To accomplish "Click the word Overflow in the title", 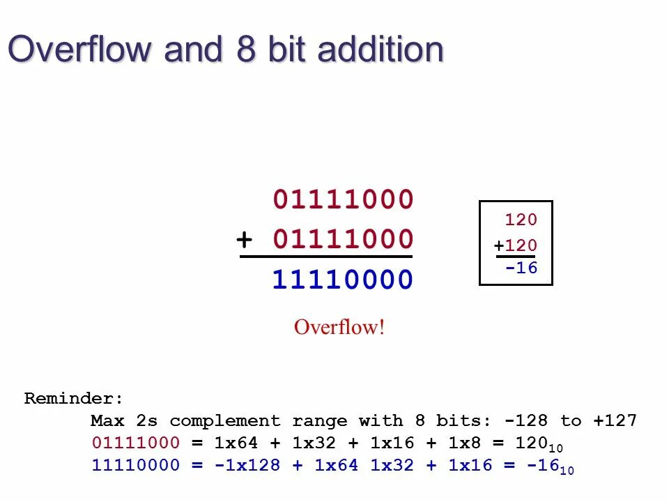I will coord(79,50).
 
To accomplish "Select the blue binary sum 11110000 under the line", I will coord(343,280).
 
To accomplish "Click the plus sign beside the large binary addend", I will coord(244,240).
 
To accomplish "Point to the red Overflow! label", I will coord(339,326).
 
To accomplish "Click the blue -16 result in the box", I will coord(521,268).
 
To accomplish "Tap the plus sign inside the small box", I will coord(499,246).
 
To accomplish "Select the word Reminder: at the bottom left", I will coord(74,399).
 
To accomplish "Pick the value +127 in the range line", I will coord(615,421).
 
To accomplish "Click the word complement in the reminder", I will coord(224,421).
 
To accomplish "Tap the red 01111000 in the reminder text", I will coord(135,443).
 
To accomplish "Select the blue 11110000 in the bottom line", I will coord(135,465).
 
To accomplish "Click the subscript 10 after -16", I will coord(567,471).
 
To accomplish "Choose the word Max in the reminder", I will coord(107,421).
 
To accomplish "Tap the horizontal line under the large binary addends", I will coord(326,257).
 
